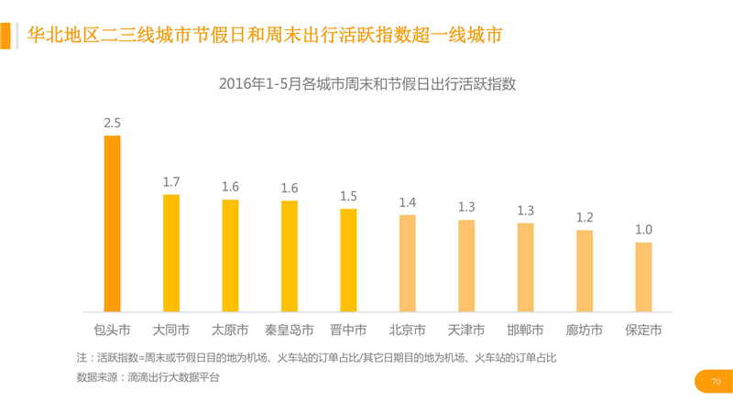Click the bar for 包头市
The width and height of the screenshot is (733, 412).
pos(112,223)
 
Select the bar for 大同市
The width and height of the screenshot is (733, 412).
pos(171,253)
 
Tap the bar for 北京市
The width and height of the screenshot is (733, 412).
pos(407,263)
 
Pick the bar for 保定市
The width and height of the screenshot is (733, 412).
pos(643,276)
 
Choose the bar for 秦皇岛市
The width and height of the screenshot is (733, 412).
pos(290,255)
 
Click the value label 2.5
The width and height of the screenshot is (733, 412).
pos(113,123)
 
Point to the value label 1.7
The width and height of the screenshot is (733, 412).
pos(171,182)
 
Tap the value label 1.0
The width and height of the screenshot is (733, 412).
pos(643,230)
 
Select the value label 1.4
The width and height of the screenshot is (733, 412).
pos(407,202)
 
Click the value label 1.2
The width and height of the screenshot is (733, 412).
pos(585,217)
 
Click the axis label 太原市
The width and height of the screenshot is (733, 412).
pos(230,330)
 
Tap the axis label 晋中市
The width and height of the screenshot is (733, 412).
pos(348,330)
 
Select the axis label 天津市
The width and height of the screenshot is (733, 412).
pos(466,330)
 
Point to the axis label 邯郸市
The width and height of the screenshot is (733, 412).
pos(525,330)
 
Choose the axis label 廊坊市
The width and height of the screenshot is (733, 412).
pos(585,330)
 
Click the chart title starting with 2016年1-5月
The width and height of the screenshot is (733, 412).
pos(367,84)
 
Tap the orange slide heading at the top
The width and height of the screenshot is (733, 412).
pos(265,36)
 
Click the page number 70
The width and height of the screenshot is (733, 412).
pos(716,381)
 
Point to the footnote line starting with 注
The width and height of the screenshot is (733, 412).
pos(316,358)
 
